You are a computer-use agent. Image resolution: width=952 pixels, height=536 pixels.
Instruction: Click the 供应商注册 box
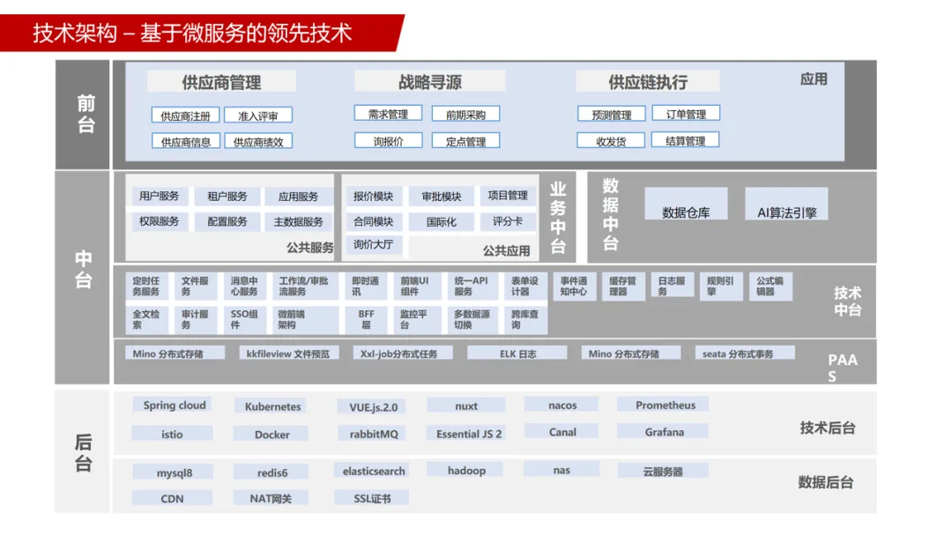(x=185, y=115)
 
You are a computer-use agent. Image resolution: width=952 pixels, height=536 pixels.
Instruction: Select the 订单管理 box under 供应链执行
(x=685, y=114)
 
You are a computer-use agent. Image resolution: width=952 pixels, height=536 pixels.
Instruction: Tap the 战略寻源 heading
(x=429, y=82)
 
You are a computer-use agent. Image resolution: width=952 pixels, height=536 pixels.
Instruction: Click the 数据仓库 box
(x=686, y=212)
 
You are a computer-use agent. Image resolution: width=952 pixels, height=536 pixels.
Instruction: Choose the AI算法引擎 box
(x=786, y=212)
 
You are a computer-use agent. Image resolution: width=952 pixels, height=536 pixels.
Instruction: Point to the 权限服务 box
(x=159, y=221)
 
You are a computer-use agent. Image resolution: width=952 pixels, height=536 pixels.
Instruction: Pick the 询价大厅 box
(x=373, y=244)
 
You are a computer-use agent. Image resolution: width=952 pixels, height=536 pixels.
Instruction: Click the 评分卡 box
(x=507, y=221)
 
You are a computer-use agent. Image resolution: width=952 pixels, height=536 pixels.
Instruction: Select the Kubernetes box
(x=272, y=406)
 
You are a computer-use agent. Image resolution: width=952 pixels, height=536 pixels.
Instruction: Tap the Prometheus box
(x=665, y=406)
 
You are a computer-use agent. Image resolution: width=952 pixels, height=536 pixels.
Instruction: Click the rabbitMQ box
(x=373, y=434)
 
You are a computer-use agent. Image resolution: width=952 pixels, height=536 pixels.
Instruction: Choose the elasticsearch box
(x=374, y=471)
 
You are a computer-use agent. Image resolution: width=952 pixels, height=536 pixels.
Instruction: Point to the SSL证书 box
(x=373, y=498)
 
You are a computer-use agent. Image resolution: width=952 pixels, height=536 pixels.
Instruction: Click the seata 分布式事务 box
(x=738, y=354)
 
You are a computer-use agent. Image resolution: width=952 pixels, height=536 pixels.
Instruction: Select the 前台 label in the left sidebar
(x=86, y=115)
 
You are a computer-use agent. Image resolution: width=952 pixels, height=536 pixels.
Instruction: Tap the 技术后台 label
(x=827, y=428)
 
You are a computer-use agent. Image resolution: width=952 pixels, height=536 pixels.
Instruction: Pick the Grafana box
(x=664, y=432)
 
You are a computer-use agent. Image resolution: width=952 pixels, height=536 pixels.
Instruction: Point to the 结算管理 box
(x=685, y=140)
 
